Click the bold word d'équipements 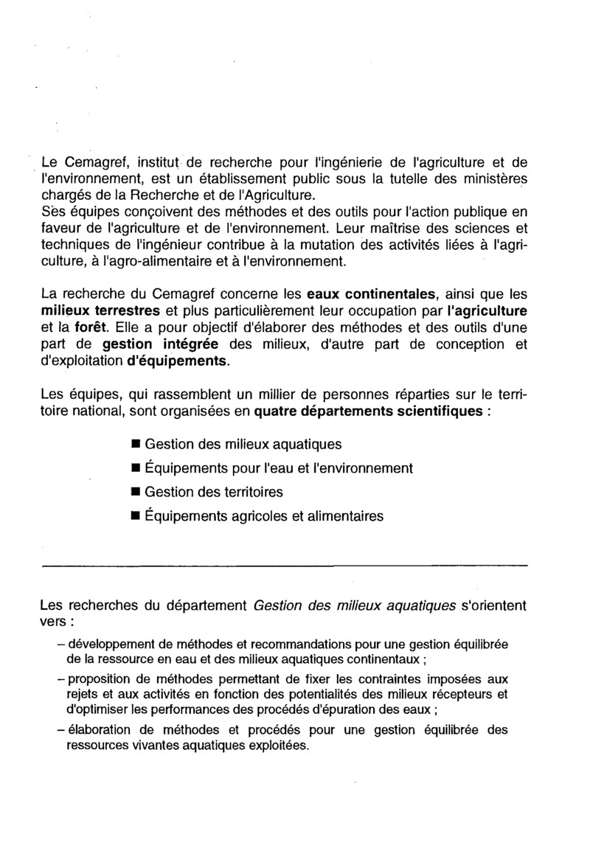coord(178,362)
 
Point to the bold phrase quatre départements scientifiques coord(368,411)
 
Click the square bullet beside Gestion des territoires coord(135,492)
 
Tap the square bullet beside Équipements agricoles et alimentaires coord(135,516)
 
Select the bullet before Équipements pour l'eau coord(135,468)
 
